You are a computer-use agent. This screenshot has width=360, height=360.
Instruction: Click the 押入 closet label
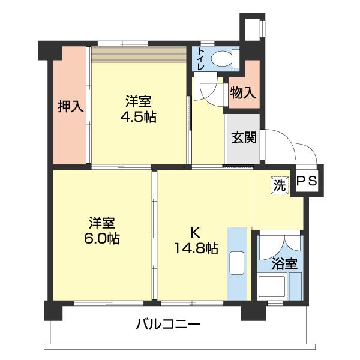[x=70, y=107]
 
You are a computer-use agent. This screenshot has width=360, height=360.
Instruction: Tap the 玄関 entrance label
[x=244, y=137]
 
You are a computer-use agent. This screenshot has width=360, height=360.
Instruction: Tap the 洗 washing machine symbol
[x=279, y=185]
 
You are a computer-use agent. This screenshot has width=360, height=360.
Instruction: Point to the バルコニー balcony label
[x=167, y=325]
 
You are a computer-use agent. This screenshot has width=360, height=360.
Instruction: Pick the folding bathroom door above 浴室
[x=279, y=242]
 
